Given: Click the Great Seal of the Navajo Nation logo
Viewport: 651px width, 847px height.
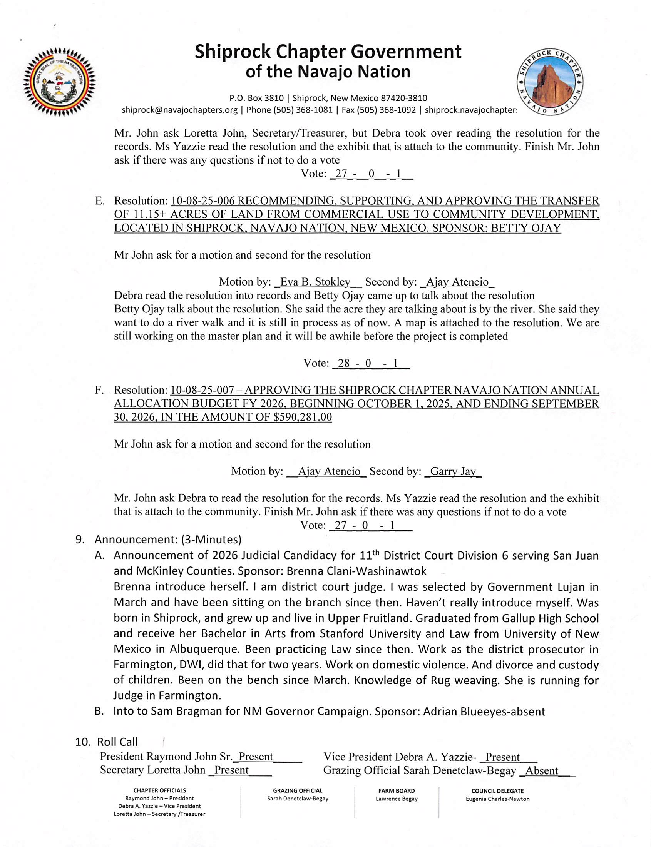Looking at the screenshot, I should (59, 82).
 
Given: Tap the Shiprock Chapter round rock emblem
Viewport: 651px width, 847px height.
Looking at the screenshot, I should (550, 82).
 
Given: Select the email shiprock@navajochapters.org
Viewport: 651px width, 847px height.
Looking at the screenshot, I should (179, 110).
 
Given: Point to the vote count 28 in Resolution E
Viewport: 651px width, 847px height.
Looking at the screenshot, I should (344, 363).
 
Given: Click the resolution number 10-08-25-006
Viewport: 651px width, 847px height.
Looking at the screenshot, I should (202, 201).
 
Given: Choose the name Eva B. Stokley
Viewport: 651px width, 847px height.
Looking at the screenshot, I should (315, 282).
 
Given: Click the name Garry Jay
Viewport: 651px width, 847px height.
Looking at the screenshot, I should (453, 471).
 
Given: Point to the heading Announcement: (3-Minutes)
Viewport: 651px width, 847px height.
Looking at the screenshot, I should (168, 540).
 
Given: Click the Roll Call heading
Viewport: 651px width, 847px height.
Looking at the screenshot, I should (117, 742).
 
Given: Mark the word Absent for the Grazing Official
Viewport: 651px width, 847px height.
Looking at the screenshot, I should (541, 771).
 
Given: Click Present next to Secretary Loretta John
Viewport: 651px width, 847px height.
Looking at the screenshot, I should (231, 770).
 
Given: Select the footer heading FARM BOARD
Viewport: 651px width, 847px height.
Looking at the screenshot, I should (397, 791).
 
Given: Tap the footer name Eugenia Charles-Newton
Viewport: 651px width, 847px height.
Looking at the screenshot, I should (497, 799).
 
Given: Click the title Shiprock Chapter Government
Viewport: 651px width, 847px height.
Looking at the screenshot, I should (328, 52).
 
